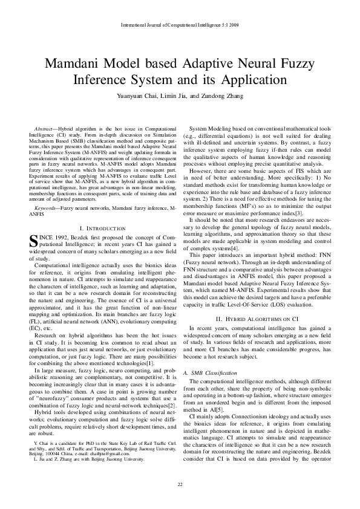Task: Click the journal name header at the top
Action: tap(180, 25)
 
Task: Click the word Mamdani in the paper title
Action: tap(74, 64)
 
